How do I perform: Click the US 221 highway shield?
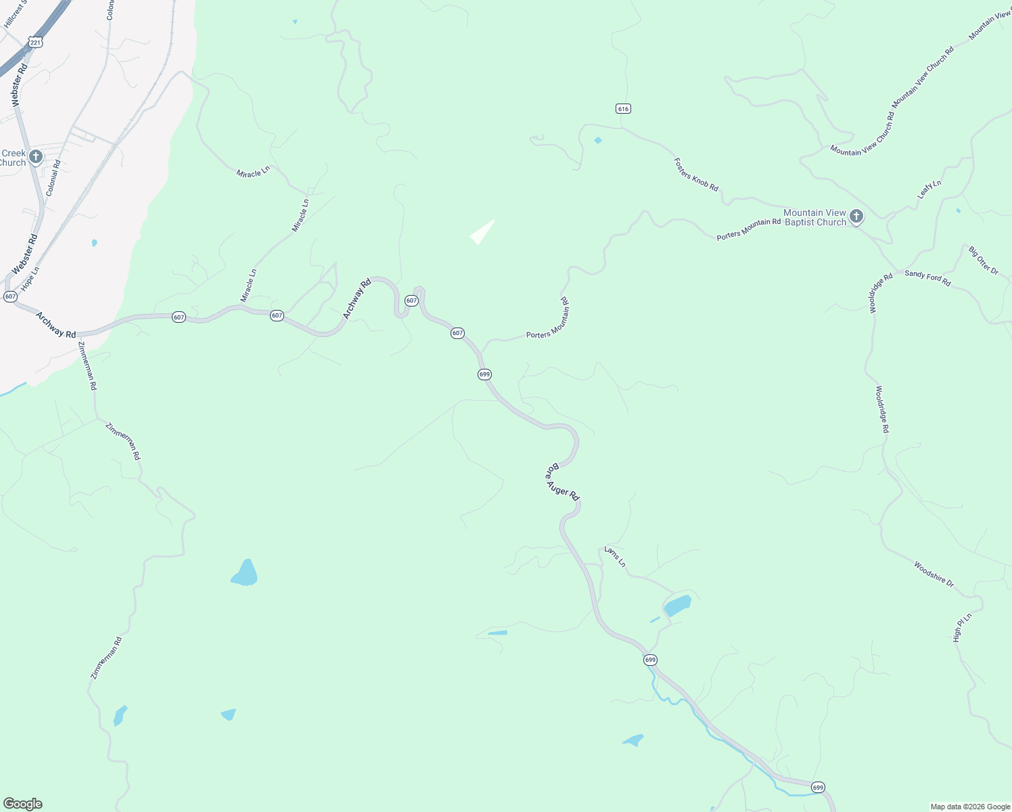pos(36,43)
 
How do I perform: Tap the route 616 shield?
pos(623,108)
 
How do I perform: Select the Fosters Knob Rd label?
pos(695,174)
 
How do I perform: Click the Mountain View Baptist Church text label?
pos(814,217)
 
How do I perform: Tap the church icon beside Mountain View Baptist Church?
pos(856,217)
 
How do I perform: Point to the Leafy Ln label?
pos(929,189)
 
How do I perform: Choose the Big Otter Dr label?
pos(983,261)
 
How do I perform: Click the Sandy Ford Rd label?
pos(927,277)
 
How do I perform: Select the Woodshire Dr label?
pos(934,574)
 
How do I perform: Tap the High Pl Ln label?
pos(961,627)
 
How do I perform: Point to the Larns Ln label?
pos(615,557)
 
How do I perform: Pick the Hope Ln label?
pos(30,279)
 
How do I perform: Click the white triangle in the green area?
pos(482,232)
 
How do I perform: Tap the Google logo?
pos(22,804)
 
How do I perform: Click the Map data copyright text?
pos(970,807)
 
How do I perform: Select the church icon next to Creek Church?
pos(36,157)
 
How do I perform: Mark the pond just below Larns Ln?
pos(677,604)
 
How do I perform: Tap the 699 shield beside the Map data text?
pos(818,787)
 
